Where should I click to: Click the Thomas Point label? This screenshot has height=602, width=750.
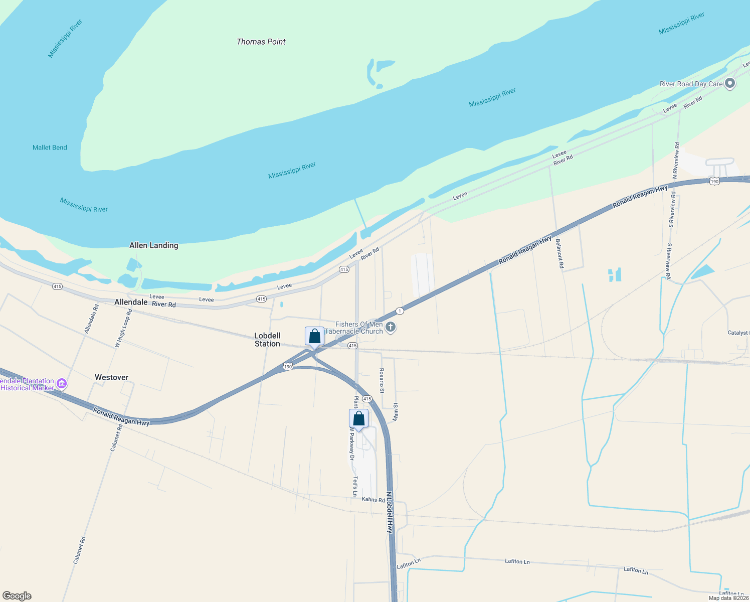tap(261, 42)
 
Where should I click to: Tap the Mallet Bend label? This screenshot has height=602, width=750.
tap(50, 147)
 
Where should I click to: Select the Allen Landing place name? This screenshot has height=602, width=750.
tap(153, 245)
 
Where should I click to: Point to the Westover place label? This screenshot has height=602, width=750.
tap(111, 377)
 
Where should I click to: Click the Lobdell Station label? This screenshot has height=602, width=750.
tap(267, 340)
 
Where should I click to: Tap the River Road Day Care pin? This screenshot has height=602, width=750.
tap(730, 84)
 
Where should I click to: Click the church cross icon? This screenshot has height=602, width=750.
tap(391, 328)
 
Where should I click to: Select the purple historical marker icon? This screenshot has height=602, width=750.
tap(62, 384)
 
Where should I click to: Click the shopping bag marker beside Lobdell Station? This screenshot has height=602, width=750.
tap(314, 337)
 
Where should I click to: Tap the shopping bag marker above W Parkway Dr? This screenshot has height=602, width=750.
tap(358, 418)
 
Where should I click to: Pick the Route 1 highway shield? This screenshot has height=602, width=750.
tap(399, 311)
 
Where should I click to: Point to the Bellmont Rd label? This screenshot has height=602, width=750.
tap(560, 253)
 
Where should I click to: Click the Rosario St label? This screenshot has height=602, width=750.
tap(382, 381)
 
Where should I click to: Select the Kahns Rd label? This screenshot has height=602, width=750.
tap(373, 499)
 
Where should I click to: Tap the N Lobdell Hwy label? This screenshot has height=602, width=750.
tap(390, 512)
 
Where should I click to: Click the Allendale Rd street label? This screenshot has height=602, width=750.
tap(91, 319)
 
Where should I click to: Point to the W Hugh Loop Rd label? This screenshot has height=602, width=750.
tap(123, 329)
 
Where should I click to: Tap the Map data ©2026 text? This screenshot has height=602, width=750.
tap(728, 598)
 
